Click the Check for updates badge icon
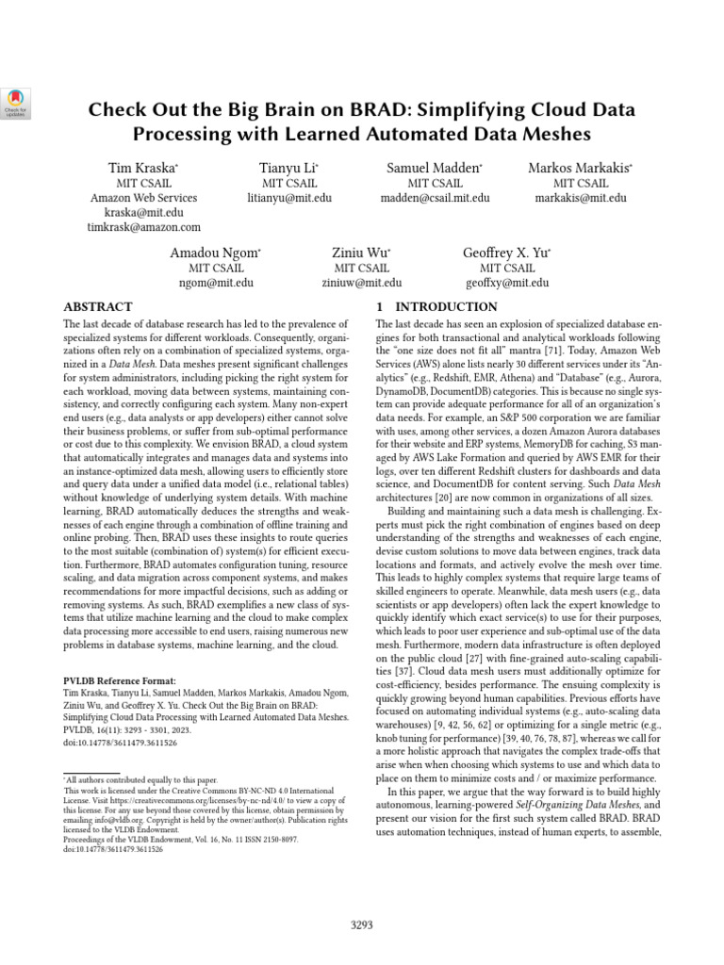[x=18, y=103]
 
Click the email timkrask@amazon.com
[x=143, y=228]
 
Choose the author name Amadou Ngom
[x=214, y=254]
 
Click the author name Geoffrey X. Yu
[x=505, y=254]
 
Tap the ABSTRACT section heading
[x=97, y=307]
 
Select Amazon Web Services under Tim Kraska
[x=143, y=199]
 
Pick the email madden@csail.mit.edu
[x=435, y=199]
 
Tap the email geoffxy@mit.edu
[x=506, y=283]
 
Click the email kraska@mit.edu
[x=143, y=214]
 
